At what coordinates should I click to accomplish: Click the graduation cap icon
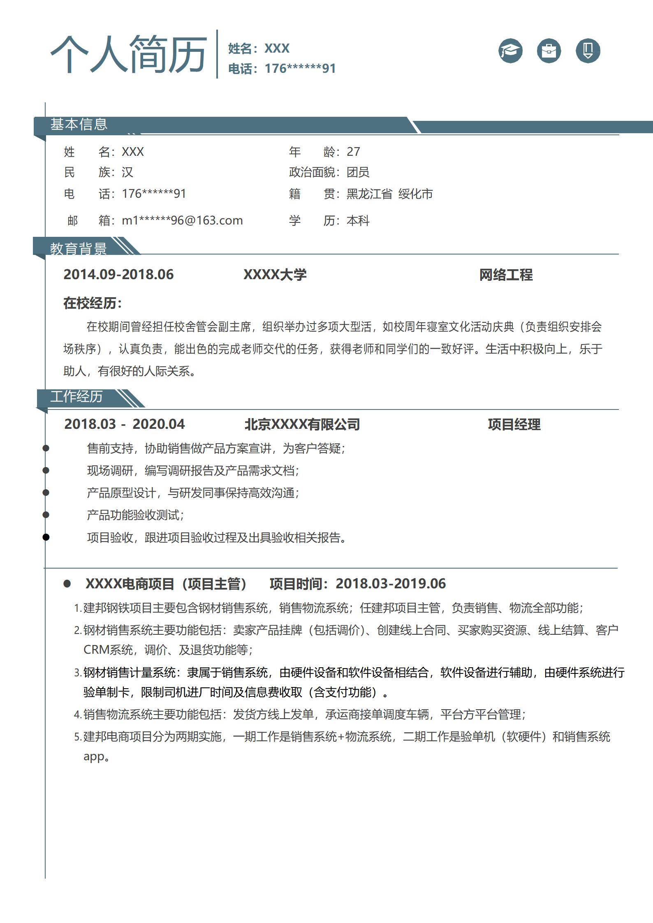coord(510,51)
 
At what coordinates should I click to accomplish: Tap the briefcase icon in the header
coord(549,51)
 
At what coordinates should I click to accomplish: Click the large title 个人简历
coord(129,54)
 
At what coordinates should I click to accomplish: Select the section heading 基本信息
coord(79,124)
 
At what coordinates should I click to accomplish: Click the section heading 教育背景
coord(79,248)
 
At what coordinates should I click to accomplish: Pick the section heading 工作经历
coord(76,397)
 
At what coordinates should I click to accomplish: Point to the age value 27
coord(353,152)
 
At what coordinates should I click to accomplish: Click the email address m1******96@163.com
coord(182,220)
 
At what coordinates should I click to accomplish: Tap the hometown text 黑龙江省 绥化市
coord(389,194)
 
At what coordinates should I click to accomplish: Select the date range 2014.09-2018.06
coord(118,275)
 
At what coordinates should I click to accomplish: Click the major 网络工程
coord(506,275)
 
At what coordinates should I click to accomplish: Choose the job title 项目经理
coord(514,424)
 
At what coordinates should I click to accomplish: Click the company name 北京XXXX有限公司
coord(302,424)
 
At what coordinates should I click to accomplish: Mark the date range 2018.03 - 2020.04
coord(125,424)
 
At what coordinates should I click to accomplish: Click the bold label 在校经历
coord(93,303)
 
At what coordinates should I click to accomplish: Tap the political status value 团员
coord(358,172)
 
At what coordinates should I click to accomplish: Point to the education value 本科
coord(358,221)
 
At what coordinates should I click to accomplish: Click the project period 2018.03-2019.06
coord(391,583)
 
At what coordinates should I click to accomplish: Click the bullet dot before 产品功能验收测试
coord(46,515)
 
